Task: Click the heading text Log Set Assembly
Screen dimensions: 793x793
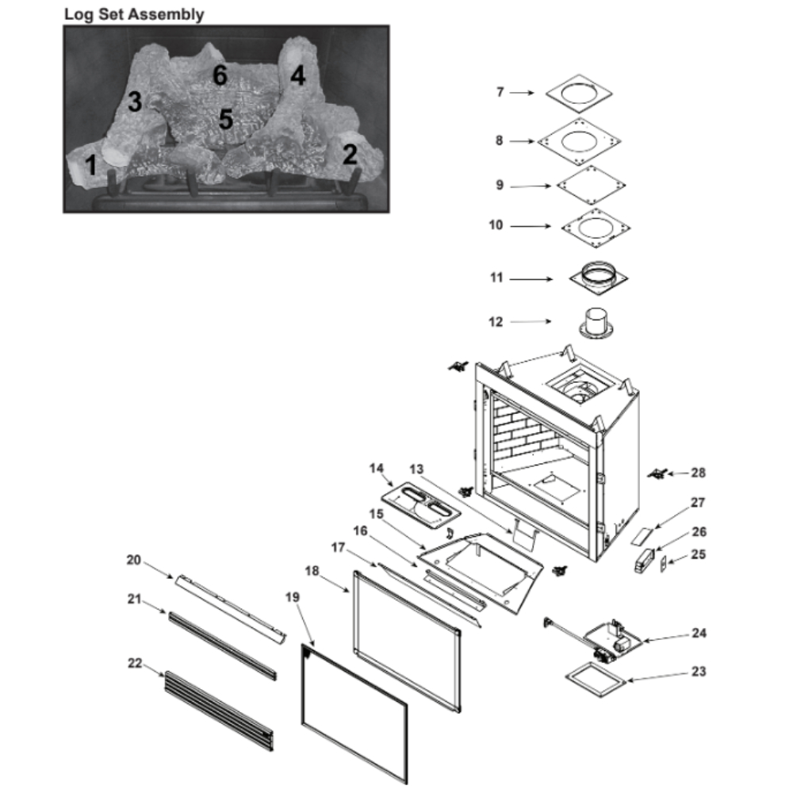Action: coord(134,13)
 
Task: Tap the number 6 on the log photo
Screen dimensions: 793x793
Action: coord(220,75)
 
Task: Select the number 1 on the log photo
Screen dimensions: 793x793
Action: coord(91,165)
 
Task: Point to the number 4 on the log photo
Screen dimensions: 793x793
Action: coord(297,75)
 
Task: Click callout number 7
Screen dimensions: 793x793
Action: coord(500,93)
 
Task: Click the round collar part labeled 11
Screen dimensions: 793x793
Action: coord(600,278)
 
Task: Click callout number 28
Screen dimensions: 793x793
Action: coord(698,473)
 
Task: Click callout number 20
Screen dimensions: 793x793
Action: coord(133,559)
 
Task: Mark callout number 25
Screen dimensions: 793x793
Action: coord(698,555)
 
